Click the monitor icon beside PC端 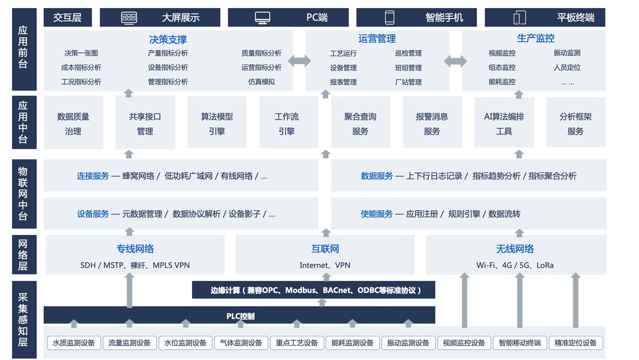[x=263, y=18]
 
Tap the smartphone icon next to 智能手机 [x=390, y=18]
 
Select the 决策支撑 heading [x=168, y=39]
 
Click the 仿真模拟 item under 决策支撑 [x=262, y=82]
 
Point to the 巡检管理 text [x=408, y=53]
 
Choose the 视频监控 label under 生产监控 [x=502, y=53]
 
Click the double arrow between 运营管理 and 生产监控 [x=455, y=61]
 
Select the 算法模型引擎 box [x=217, y=124]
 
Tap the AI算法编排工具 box [x=504, y=124]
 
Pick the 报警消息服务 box [x=432, y=124]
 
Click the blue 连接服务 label [x=93, y=176]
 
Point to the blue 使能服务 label [x=376, y=214]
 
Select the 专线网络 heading [x=135, y=249]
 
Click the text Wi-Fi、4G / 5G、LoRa [x=515, y=265]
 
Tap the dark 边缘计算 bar [x=313, y=290]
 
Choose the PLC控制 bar [x=240, y=316]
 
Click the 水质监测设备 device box [x=74, y=343]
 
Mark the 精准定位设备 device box [x=576, y=343]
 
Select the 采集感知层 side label [x=24, y=320]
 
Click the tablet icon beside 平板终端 [x=520, y=18]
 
